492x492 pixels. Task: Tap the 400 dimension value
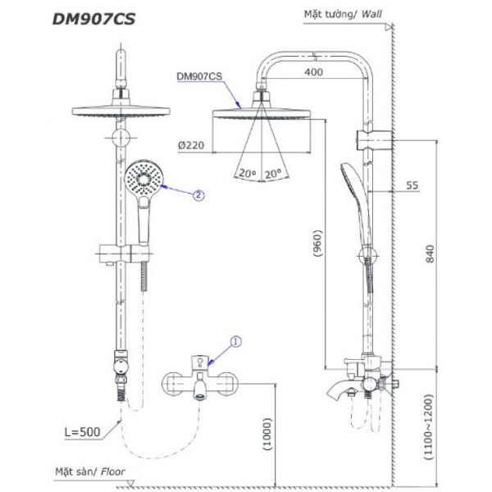click(x=314, y=72)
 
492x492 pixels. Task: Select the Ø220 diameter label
click(x=191, y=145)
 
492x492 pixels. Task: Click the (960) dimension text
click(x=317, y=244)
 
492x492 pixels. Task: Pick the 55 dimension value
click(x=412, y=186)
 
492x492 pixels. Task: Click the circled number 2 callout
click(x=198, y=195)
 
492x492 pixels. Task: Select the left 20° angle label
click(x=244, y=173)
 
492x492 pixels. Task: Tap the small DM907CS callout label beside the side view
click(x=199, y=76)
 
